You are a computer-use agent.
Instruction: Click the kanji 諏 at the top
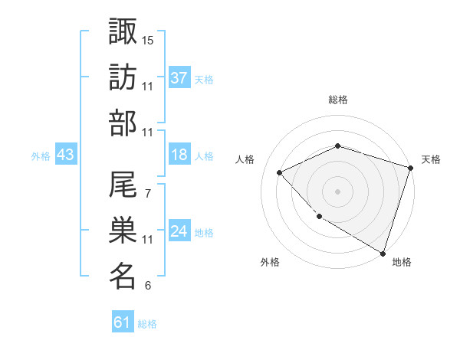(x=123, y=32)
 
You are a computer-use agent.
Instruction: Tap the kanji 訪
(x=123, y=79)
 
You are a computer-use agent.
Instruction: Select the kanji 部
(x=123, y=125)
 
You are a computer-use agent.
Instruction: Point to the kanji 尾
(x=123, y=185)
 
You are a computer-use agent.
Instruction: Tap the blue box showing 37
(x=179, y=77)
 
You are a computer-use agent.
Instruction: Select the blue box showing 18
(x=179, y=155)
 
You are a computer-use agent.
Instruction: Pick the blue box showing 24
(x=179, y=231)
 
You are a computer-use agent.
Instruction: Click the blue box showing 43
(x=65, y=155)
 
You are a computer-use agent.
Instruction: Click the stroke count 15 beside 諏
(x=148, y=40)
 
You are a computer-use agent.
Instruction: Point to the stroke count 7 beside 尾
(x=147, y=193)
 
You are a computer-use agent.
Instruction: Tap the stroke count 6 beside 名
(x=147, y=286)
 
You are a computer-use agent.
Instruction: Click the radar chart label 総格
(x=337, y=100)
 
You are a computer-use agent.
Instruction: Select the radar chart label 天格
(x=431, y=159)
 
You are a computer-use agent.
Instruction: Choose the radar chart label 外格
(x=269, y=263)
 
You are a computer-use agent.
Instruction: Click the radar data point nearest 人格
(x=281, y=172)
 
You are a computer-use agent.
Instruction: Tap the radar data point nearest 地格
(x=382, y=252)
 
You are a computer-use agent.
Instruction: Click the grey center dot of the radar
(x=337, y=191)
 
